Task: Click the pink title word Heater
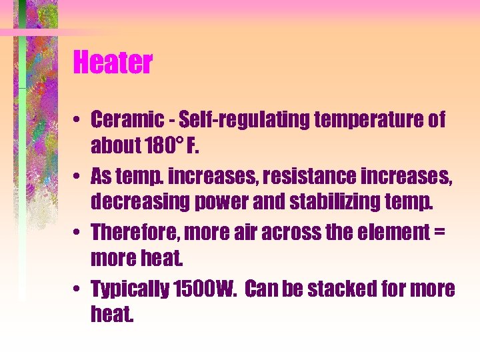113,63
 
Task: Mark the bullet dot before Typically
78,290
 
